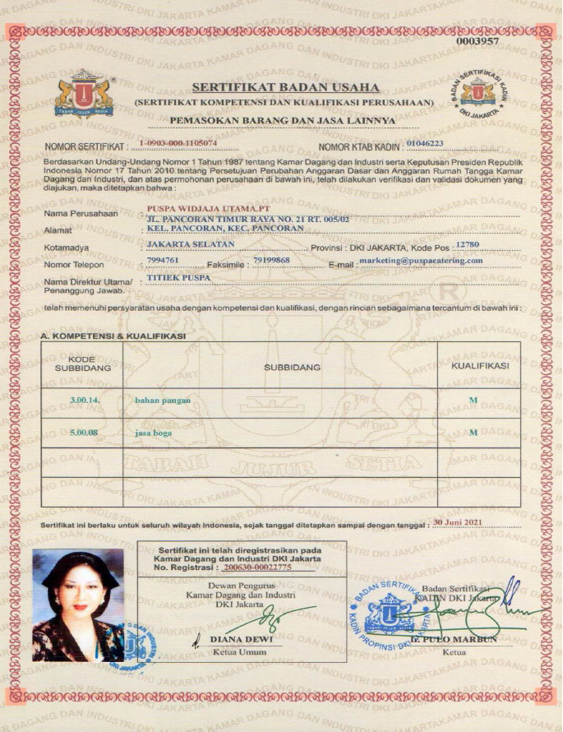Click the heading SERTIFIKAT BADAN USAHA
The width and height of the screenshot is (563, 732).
[x=284, y=87]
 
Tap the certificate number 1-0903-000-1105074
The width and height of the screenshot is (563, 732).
[x=178, y=143]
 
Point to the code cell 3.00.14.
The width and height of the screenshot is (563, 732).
[x=84, y=400]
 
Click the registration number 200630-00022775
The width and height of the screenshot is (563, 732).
[x=257, y=568]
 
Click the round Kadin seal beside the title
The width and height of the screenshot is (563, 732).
[x=477, y=92]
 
